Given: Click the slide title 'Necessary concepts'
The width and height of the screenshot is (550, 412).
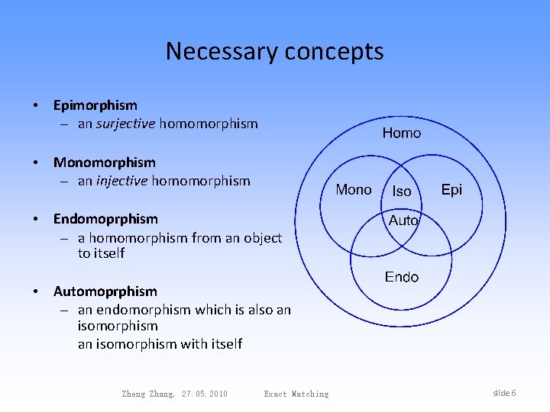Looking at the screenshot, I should click(274, 51).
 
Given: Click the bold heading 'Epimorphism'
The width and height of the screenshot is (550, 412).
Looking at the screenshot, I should click(95, 105).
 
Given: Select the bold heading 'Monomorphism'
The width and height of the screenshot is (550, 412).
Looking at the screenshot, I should click(104, 163).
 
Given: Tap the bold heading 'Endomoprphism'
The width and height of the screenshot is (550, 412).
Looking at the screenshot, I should click(105, 220).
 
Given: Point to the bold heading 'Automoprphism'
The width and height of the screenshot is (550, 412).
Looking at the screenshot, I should click(105, 291).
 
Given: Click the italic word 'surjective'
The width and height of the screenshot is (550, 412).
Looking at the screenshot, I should click(126, 123).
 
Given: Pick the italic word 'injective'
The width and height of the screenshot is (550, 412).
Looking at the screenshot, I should click(122, 181).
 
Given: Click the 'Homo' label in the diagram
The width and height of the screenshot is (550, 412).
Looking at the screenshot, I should click(401, 134).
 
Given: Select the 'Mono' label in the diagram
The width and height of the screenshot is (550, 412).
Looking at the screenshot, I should click(354, 190).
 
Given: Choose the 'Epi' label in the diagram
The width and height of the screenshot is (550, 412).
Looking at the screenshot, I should click(451, 190).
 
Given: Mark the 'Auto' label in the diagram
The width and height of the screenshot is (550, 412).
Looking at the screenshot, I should click(403, 220).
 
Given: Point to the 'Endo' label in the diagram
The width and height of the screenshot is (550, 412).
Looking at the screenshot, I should click(401, 277).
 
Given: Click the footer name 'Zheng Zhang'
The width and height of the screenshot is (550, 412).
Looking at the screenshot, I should click(148, 394).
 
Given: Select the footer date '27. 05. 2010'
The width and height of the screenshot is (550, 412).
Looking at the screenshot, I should click(205, 394).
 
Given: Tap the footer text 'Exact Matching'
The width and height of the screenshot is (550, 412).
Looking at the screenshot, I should click(296, 394).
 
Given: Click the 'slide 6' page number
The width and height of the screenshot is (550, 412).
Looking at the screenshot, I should click(504, 393).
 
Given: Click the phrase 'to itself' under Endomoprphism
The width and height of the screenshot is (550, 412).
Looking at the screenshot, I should click(101, 253).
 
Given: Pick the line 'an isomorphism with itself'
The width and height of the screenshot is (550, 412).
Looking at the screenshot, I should click(160, 344).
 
